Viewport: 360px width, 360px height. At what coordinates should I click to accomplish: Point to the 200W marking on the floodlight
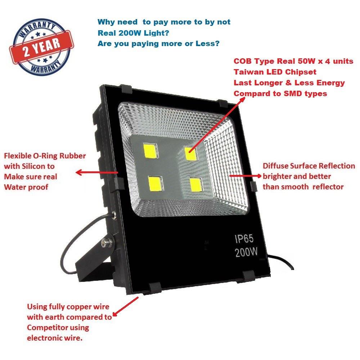pos(246,252)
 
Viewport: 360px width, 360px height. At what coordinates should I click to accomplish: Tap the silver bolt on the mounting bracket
pos(107,242)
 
